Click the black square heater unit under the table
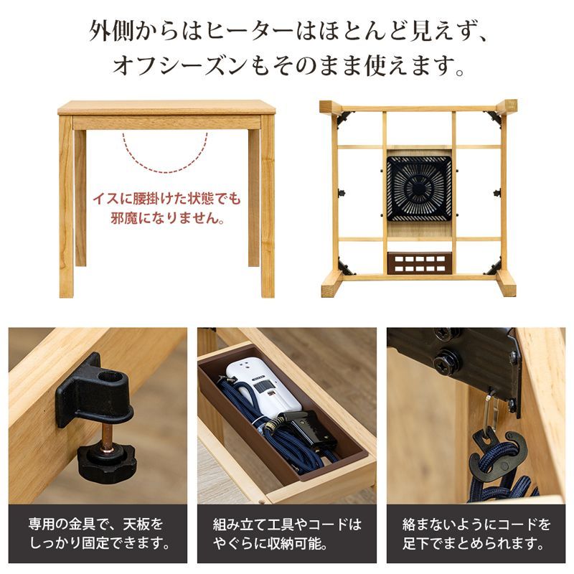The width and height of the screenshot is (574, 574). tap(420, 187)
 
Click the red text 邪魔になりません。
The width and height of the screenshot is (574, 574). tap(166, 217)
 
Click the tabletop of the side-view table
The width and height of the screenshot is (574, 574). tap(166, 108)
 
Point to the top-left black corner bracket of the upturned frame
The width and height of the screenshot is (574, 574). tap(344, 117)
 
